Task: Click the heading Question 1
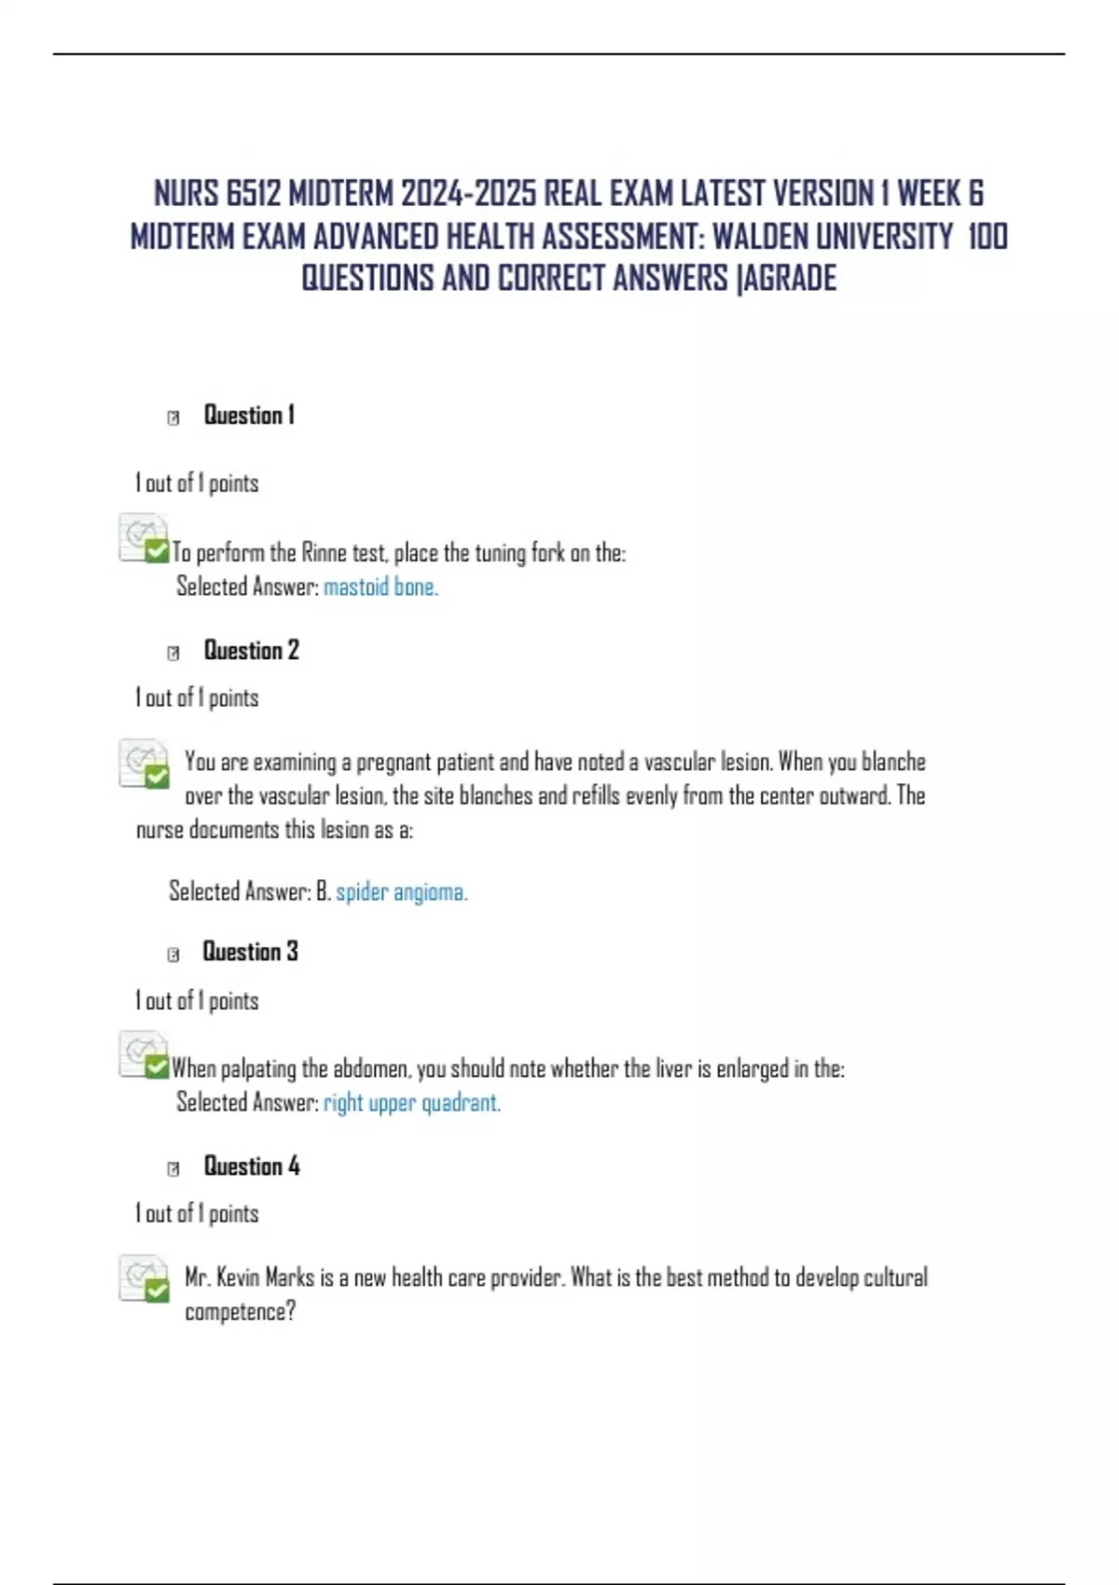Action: click(249, 415)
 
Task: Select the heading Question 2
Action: click(251, 650)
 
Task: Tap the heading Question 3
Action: click(250, 951)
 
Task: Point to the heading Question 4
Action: click(252, 1165)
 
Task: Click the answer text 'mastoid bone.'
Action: click(380, 586)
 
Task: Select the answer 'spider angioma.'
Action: click(402, 892)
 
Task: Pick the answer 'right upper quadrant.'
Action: click(412, 1103)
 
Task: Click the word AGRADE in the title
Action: click(790, 278)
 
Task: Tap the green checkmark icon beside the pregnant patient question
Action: click(156, 775)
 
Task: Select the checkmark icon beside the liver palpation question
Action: click(156, 1067)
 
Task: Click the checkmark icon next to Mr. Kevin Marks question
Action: click(156, 1289)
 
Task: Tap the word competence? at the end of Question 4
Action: click(240, 1312)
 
